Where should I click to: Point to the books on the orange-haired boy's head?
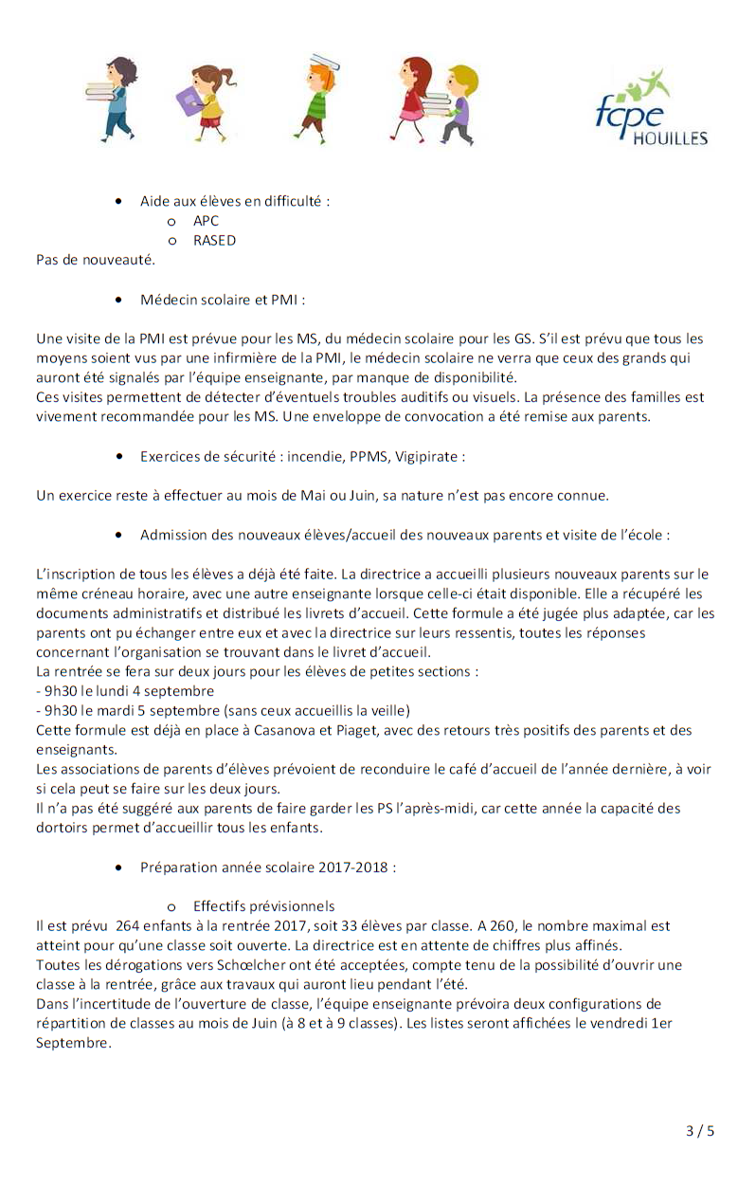(325, 63)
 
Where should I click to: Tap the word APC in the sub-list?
(206, 221)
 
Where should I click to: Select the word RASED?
(214, 240)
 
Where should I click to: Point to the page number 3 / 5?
(700, 1130)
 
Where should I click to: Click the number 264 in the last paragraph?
(128, 926)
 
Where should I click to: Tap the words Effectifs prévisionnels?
(263, 906)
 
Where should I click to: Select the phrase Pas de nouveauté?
(95, 259)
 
